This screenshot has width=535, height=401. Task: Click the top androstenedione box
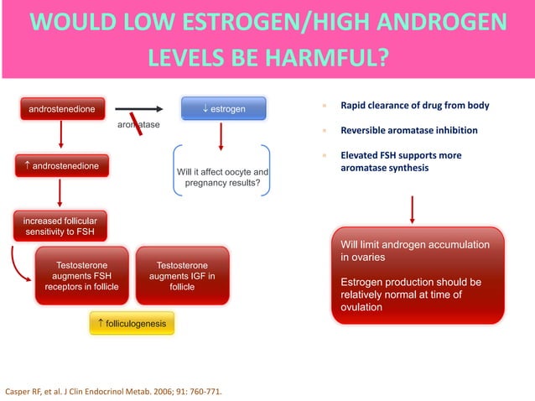tap(61, 109)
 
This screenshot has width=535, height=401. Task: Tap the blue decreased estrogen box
tap(224, 109)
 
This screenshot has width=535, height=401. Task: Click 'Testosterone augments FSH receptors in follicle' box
tap(81, 276)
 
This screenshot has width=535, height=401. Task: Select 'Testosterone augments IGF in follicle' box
tap(182, 276)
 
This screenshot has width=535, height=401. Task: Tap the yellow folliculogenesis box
tap(132, 323)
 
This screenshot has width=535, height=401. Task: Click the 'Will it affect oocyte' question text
tap(222, 177)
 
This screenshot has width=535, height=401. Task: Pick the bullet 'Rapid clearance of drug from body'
tap(414, 107)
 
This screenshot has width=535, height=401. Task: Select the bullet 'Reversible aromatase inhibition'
tap(408, 131)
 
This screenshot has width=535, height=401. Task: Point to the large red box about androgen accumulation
tap(418, 275)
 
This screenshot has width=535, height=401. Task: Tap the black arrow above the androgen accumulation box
tap(413, 210)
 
